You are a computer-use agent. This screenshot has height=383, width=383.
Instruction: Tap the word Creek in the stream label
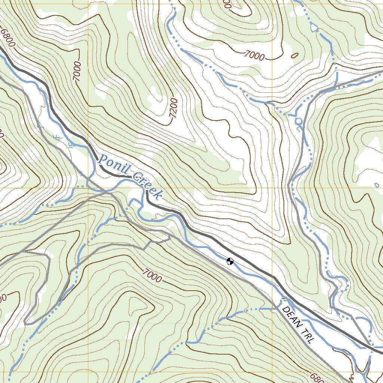click(x=148, y=186)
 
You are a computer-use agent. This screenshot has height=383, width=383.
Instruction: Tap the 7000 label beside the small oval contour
click(x=254, y=56)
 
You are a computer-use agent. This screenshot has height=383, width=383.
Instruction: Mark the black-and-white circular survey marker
click(x=230, y=261)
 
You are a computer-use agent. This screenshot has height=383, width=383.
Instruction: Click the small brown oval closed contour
click(x=294, y=56)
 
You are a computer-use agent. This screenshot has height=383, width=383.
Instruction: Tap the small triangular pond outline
click(x=314, y=28)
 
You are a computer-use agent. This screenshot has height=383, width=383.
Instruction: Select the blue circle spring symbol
click(x=298, y=121)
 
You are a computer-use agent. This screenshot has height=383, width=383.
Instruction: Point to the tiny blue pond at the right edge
click(x=377, y=184)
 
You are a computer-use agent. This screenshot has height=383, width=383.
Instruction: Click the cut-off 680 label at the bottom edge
click(x=315, y=377)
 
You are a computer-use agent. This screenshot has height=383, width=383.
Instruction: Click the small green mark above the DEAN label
click(x=284, y=299)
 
